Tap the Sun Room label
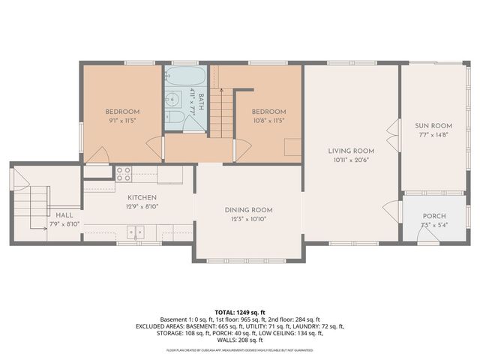433,126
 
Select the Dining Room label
248,209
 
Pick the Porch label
433,216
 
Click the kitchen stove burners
124,175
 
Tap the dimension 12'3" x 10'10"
248,219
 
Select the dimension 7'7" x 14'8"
433,135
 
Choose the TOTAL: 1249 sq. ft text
240,311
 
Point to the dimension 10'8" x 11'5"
268,121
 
